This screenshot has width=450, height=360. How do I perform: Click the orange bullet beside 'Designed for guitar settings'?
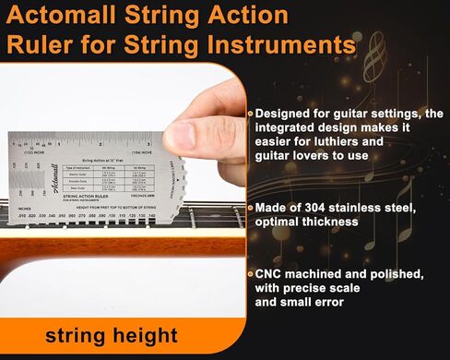pyautogui.click(x=249, y=113)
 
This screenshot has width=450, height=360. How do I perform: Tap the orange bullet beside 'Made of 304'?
pyautogui.click(x=249, y=208)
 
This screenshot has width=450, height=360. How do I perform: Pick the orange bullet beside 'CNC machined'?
pyautogui.click(x=249, y=274)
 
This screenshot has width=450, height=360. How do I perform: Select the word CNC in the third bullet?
pyautogui.click(x=271, y=274)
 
